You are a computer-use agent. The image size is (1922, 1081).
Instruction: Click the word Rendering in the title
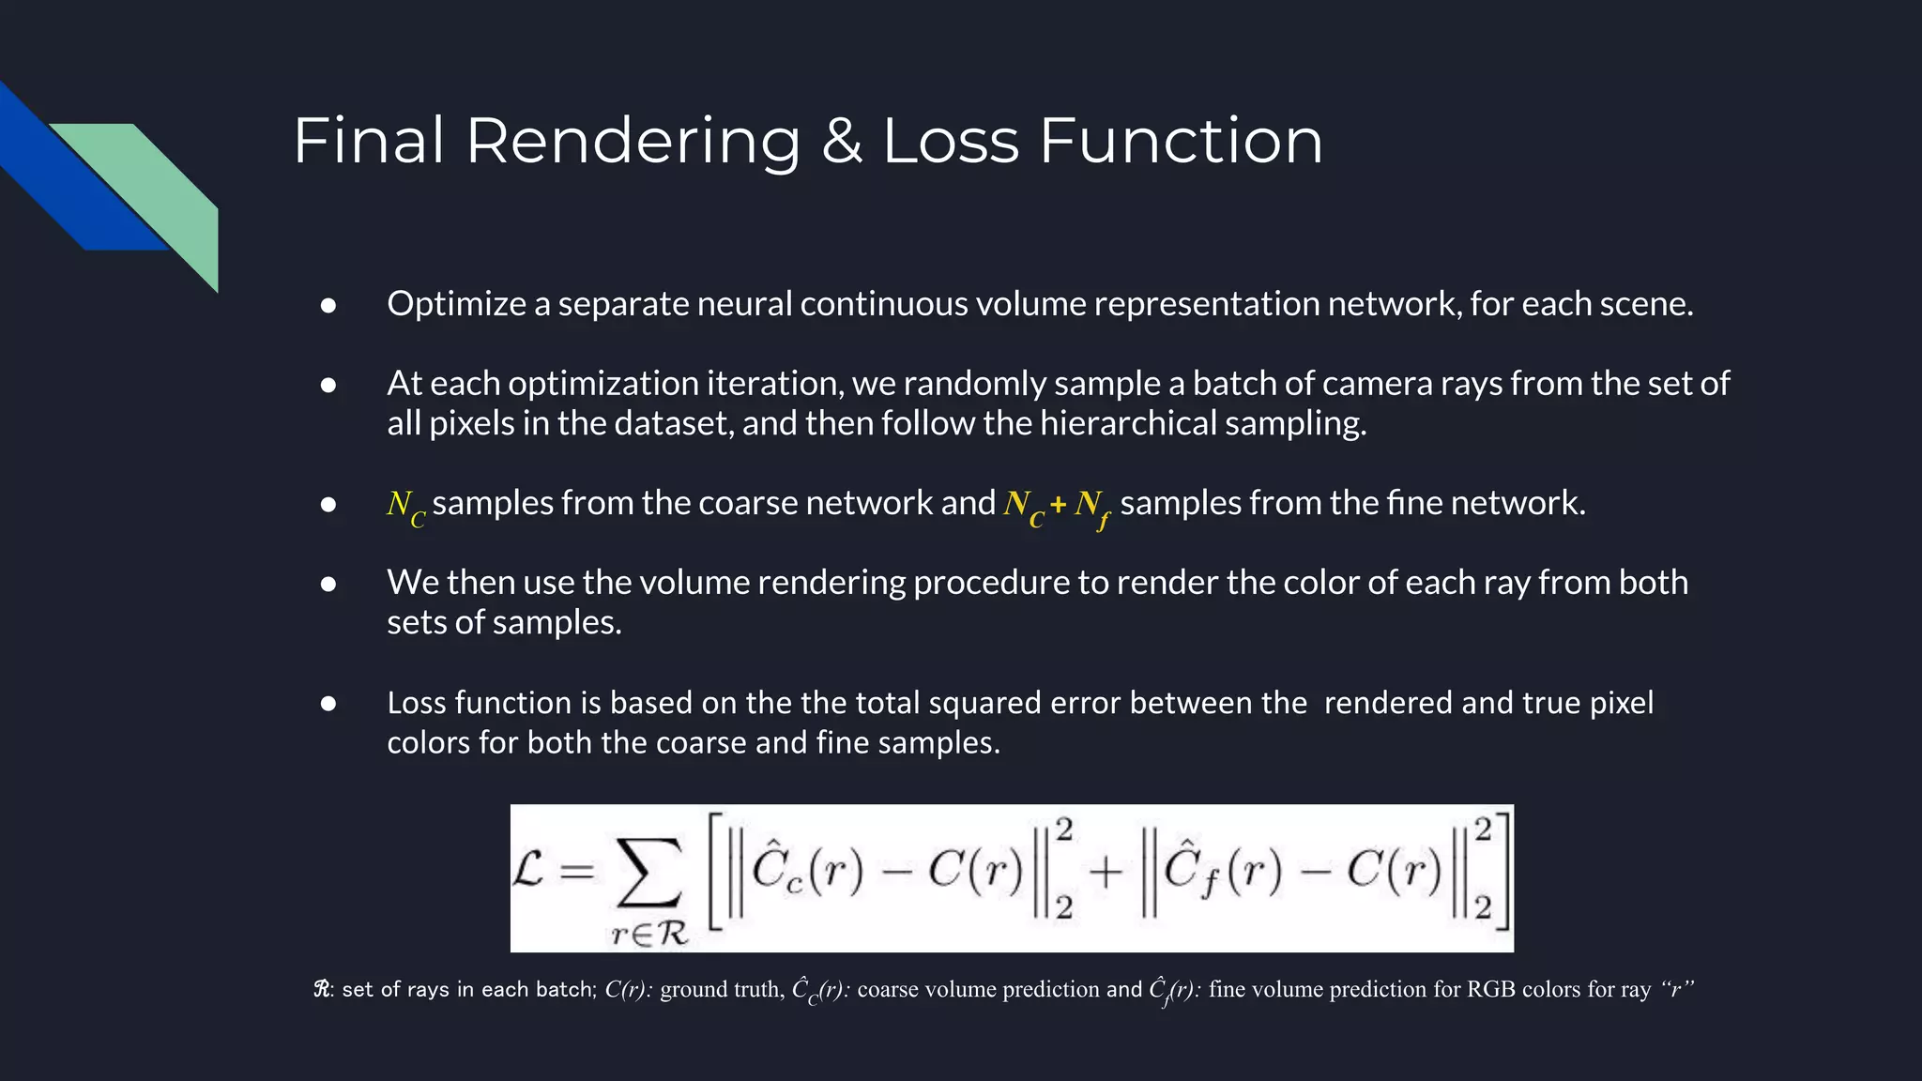tap(633, 141)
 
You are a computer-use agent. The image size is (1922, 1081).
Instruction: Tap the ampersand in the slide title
tap(842, 141)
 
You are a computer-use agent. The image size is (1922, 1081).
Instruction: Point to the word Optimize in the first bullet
tap(456, 304)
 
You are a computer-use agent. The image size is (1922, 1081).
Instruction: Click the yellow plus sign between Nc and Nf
tap(1059, 505)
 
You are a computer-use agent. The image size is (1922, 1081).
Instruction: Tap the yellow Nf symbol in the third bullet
tap(1091, 507)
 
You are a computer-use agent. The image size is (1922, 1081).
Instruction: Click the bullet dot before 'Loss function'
tap(328, 703)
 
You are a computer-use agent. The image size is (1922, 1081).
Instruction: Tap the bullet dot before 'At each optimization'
tap(328, 384)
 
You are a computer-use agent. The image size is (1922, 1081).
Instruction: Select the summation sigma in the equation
tap(648, 872)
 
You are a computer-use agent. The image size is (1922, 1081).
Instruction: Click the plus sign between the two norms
tap(1106, 872)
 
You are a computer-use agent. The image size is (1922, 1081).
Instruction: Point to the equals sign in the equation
tap(577, 872)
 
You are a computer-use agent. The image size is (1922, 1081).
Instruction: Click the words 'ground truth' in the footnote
tap(722, 990)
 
